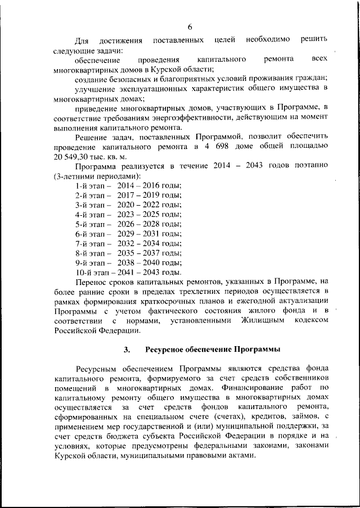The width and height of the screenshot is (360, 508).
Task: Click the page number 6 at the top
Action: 190,27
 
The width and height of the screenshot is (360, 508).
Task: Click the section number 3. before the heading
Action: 128,350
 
